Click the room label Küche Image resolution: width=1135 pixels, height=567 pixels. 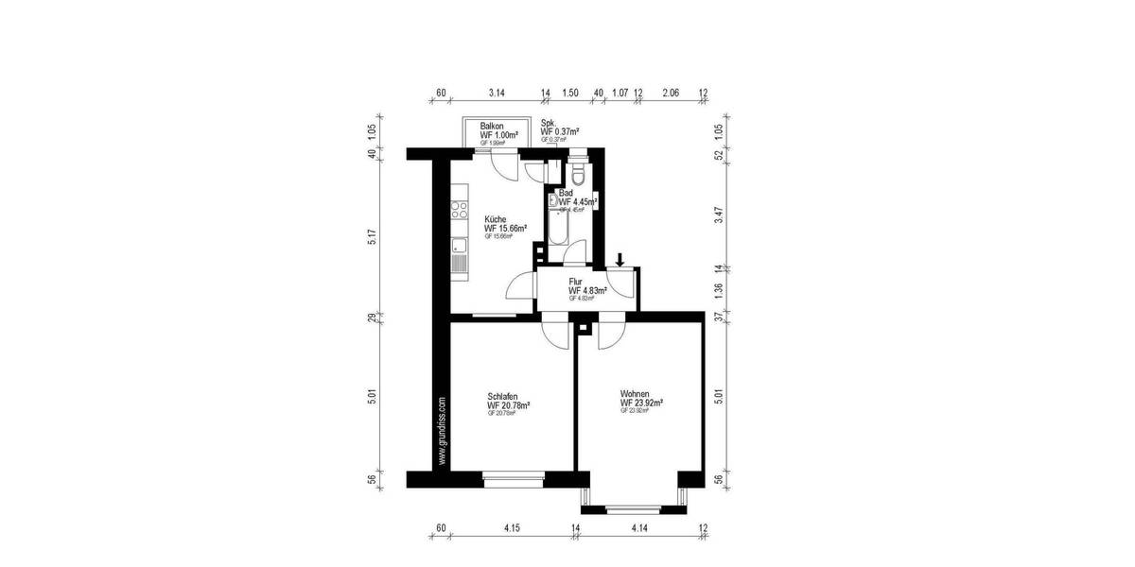click(x=496, y=218)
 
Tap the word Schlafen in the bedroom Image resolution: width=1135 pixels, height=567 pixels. click(x=503, y=396)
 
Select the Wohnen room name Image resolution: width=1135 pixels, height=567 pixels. click(x=634, y=393)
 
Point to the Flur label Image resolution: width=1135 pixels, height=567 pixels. click(x=575, y=282)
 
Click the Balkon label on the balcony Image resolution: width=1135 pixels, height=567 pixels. click(x=492, y=126)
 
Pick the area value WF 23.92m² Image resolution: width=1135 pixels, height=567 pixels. click(x=641, y=403)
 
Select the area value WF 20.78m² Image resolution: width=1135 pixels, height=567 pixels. click(x=509, y=405)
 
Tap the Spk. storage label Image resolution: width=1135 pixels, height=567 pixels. click(x=548, y=123)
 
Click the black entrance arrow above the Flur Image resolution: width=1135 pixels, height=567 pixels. click(x=620, y=259)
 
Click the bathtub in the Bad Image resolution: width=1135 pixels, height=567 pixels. click(x=555, y=226)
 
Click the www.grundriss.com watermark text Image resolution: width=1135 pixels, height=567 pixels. click(x=441, y=431)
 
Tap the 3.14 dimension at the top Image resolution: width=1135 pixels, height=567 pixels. click(x=497, y=94)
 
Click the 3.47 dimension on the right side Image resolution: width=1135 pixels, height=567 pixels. click(x=719, y=214)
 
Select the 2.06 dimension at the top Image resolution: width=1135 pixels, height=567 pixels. click(x=670, y=94)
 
